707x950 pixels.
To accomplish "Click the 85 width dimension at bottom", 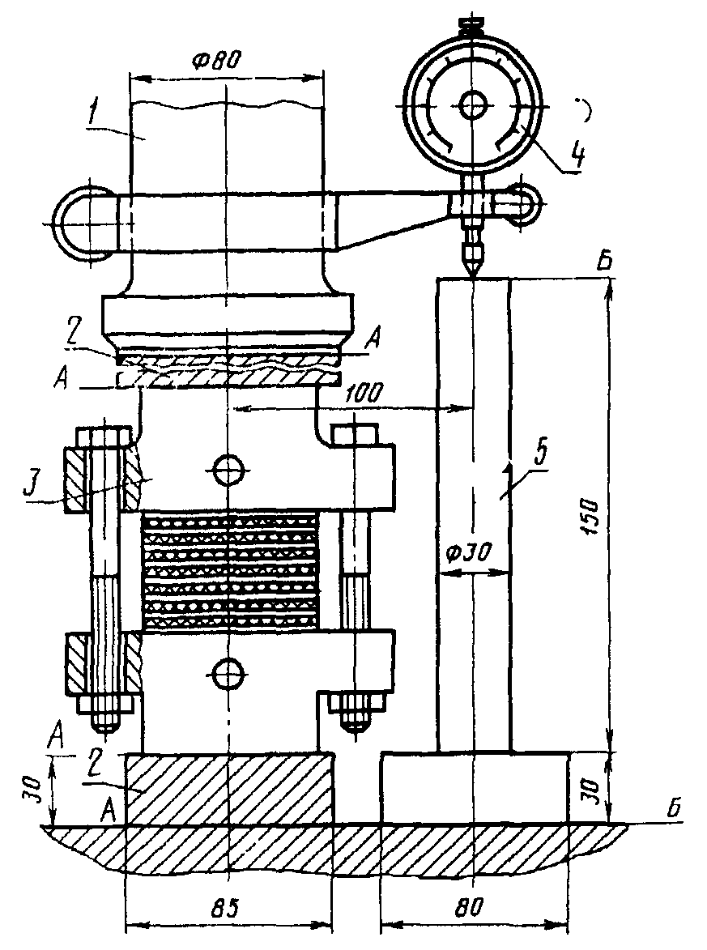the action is (x=225, y=907).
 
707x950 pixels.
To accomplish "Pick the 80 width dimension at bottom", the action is (x=471, y=907).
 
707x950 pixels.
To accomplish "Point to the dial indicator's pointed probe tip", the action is (x=471, y=275).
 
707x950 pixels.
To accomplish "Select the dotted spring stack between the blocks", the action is (x=228, y=570).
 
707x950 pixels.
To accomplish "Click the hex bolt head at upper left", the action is (x=103, y=437).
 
